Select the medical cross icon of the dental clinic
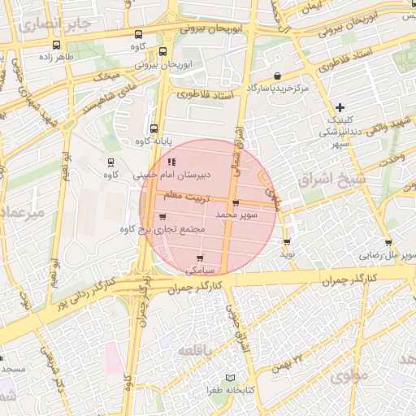click(340, 108)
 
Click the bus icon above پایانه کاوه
click(154, 128)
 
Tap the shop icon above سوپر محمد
click(236, 204)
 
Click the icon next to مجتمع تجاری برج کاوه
click(163, 217)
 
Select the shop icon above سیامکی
click(200, 258)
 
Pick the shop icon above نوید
click(287, 242)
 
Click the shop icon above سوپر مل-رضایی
click(389, 242)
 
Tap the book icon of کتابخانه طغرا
click(230, 379)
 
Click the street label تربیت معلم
click(186, 197)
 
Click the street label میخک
click(106, 77)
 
